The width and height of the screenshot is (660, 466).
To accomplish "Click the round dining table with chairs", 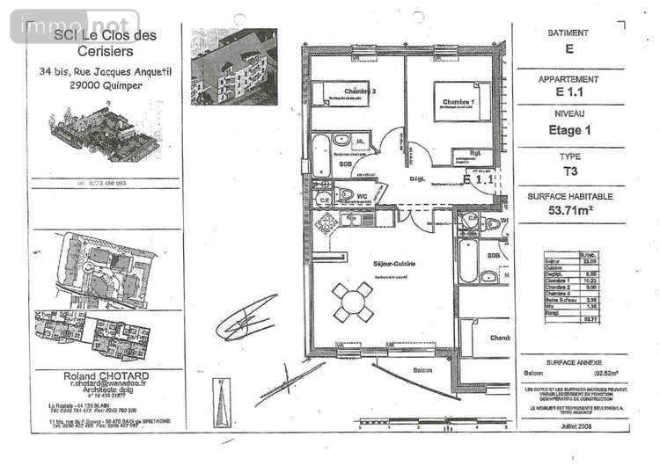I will point(353,303).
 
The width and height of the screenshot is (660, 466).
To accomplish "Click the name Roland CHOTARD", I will point(100,375).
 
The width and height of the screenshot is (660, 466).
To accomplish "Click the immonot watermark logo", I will point(74,27).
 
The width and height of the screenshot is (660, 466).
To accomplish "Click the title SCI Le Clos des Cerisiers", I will point(100,43).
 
